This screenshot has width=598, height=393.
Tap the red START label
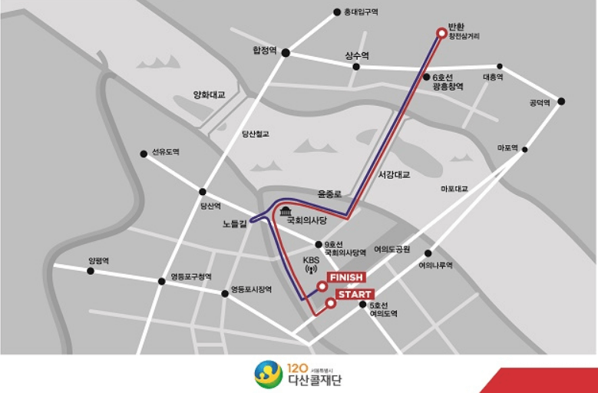pyautogui.click(x=354, y=295)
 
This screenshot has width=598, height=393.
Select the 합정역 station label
pyautogui.click(x=264, y=50)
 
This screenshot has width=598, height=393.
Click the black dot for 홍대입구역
pyautogui.click(x=336, y=12)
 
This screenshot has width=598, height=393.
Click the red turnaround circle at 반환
pyautogui.click(x=441, y=32)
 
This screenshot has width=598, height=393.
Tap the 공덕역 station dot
pyautogui.click(x=561, y=101)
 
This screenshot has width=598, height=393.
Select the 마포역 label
pyautogui.click(x=508, y=148)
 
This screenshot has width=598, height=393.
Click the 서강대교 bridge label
pyautogui.click(x=394, y=175)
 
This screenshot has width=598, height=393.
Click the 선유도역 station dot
pyautogui.click(x=144, y=154)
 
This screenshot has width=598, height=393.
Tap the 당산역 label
pyautogui.click(x=210, y=206)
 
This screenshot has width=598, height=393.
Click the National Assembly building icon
pyautogui.click(x=286, y=211)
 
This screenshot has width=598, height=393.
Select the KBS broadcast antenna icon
pyautogui.click(x=311, y=271)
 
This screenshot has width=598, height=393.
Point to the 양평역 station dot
pyautogui.click(x=91, y=271)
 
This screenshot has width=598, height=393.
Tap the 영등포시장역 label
pyautogui.click(x=252, y=289)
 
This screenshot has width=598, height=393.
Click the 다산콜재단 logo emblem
pyautogui.click(x=268, y=375)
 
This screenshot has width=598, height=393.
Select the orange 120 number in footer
pyautogui.click(x=296, y=367)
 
